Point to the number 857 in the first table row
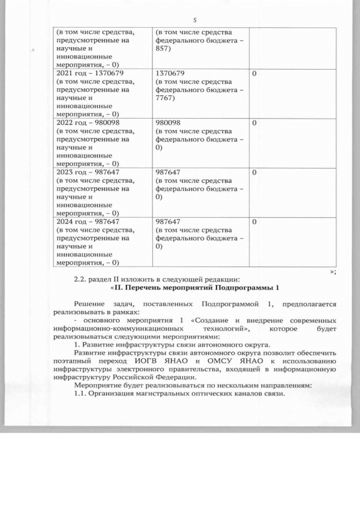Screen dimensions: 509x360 (x=161, y=49)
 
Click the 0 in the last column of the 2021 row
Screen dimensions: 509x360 (x=254, y=73)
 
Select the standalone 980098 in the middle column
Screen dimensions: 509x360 (x=168, y=122)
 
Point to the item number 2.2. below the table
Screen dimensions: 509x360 (x=83, y=279)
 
